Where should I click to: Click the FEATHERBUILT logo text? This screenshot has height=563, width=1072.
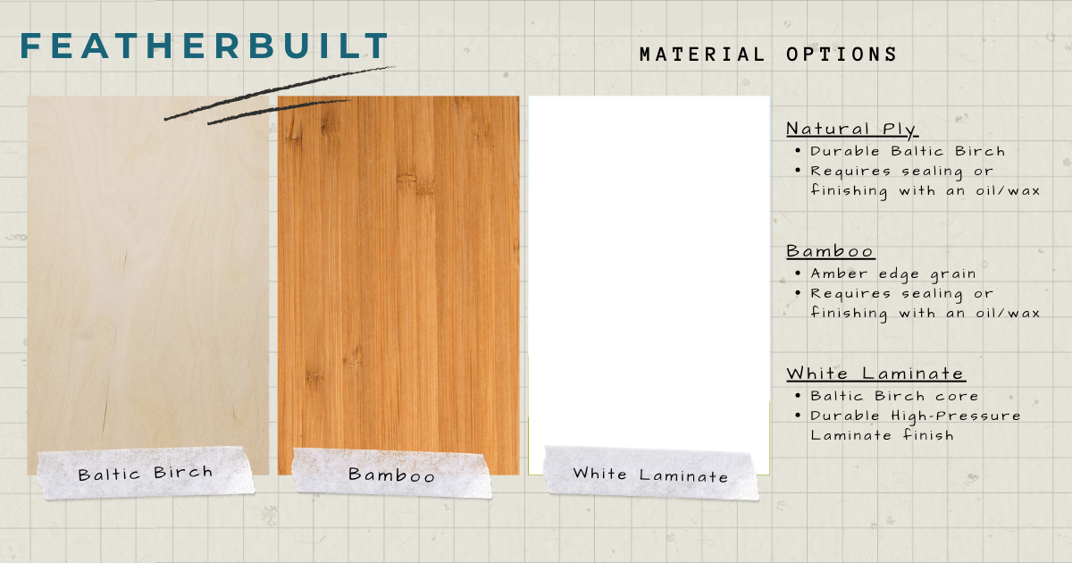tap(204, 46)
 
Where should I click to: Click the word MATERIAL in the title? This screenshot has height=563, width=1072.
tap(702, 55)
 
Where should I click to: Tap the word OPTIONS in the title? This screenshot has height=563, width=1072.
tap(842, 55)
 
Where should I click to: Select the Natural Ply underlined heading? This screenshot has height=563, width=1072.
tap(852, 130)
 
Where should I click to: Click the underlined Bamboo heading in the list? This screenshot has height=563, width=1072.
tap(830, 251)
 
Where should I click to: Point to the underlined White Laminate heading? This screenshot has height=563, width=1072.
tap(875, 374)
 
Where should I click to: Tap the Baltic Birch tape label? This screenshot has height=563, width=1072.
tap(146, 474)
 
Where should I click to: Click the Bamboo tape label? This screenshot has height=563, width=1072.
tap(392, 474)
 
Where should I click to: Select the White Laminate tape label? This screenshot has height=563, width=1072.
tap(651, 474)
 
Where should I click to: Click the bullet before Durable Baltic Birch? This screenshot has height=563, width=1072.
tap(797, 151)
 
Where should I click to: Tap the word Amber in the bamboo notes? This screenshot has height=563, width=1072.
tap(839, 273)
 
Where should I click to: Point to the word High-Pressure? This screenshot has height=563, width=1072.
tap(955, 416)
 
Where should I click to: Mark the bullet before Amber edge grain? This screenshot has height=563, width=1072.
tap(797, 273)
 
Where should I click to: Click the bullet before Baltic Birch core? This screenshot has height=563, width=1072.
tap(797, 396)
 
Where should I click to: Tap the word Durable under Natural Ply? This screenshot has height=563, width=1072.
tap(845, 151)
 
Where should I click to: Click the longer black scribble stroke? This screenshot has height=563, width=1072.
tap(280, 92)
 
